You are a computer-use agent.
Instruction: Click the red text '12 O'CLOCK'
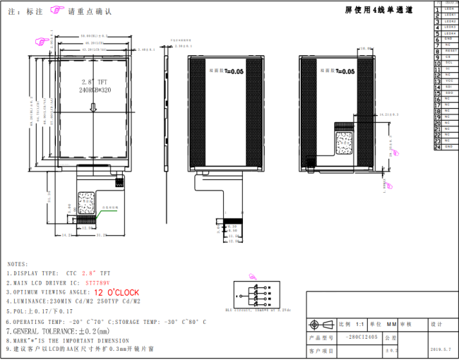pos(117,292)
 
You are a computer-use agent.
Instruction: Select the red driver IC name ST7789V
pos(97,282)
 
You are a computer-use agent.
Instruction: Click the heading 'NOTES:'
pos(18,263)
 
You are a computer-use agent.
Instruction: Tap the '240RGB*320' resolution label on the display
pos(95,91)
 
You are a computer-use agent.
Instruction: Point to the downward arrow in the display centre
pos(94,107)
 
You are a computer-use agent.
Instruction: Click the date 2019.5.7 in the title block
pos(439,349)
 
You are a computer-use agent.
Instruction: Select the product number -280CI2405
pos(362,337)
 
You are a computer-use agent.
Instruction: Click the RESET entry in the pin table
pos(451,52)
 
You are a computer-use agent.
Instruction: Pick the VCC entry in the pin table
pos(449,80)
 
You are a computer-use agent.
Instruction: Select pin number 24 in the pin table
pos(438,147)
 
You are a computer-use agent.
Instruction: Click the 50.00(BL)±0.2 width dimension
pos(93,35)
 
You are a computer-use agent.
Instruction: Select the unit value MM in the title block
pos(387,324)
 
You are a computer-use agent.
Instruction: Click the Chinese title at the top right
pos(378,10)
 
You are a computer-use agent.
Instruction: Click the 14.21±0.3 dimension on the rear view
pos(389,113)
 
